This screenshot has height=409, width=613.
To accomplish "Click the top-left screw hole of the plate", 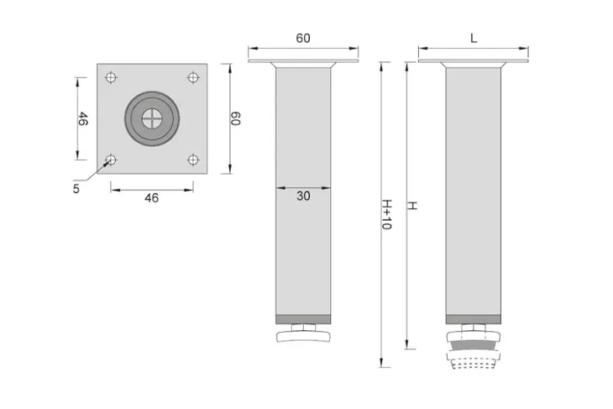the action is [111, 77].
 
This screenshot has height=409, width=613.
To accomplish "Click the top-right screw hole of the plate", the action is [193, 77].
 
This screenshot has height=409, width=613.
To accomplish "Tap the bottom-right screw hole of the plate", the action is [193, 160].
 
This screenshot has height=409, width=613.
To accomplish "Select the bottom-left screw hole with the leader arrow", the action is [111, 160].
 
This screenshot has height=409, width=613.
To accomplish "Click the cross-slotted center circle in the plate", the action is [152, 119].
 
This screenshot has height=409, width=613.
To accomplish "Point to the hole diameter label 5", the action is [76, 188].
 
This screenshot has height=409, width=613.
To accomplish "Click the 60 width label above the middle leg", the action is [303, 39].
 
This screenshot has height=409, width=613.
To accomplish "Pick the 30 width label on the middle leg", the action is [303, 196].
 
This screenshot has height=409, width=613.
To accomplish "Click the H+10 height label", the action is [386, 214].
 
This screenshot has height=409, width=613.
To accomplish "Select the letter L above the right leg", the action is [474, 39].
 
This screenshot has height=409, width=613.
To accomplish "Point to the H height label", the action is [412, 206].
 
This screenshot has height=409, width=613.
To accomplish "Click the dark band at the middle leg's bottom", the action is [303, 319].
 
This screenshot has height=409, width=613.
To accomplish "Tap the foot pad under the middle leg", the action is [303, 336].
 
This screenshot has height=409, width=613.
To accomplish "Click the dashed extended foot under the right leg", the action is [474, 360].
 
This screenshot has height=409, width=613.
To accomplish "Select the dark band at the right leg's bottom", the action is [474, 319].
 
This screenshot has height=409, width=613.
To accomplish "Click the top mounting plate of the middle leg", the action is [303, 60].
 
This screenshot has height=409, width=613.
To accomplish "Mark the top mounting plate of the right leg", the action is [474, 60].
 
